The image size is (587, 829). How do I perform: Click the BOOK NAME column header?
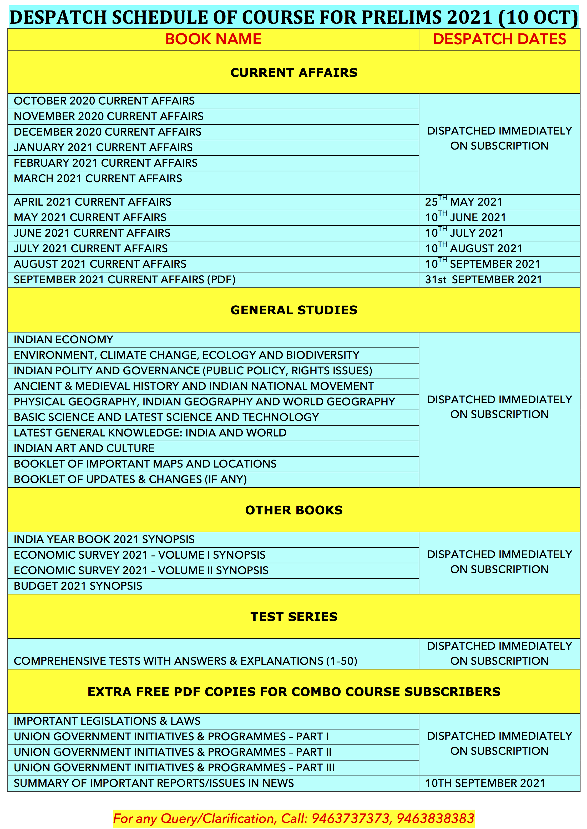coord(213,39)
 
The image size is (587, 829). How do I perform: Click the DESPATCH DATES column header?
coord(499,39)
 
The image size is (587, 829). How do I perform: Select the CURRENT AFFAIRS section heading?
coord(293,72)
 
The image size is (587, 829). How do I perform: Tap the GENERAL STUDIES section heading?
coord(293,310)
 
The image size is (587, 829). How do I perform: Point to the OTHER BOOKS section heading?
coord(293,510)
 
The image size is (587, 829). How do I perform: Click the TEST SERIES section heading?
coord(293,617)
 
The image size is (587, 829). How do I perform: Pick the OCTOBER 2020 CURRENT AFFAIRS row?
coord(104,101)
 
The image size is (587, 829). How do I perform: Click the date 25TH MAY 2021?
coord(463,202)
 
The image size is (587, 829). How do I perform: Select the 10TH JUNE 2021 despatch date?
coord(465,217)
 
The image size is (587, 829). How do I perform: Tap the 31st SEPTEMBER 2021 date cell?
coord(483,279)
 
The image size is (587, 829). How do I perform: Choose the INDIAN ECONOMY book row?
coord(64,339)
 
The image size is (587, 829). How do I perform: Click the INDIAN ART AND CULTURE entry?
coord(84,448)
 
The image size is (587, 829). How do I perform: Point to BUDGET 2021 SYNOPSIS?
coord(78,586)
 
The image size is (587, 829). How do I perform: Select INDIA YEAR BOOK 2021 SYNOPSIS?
coord(104,539)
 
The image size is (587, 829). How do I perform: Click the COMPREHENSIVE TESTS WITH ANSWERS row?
coord(185,661)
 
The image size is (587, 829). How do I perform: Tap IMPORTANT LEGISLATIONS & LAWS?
coord(107,721)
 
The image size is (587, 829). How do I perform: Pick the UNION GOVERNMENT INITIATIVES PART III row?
coord(174,767)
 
